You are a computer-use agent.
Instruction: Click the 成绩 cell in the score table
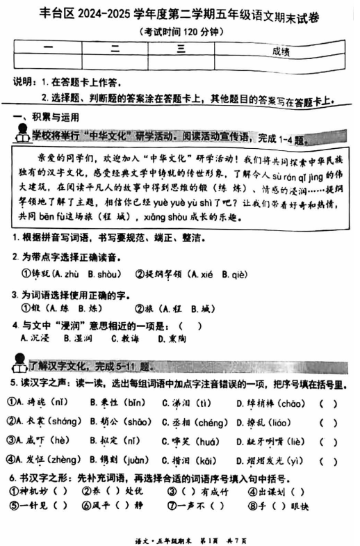281,51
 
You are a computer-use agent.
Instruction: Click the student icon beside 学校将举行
21,134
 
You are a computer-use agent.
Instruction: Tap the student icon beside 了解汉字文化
19,362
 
